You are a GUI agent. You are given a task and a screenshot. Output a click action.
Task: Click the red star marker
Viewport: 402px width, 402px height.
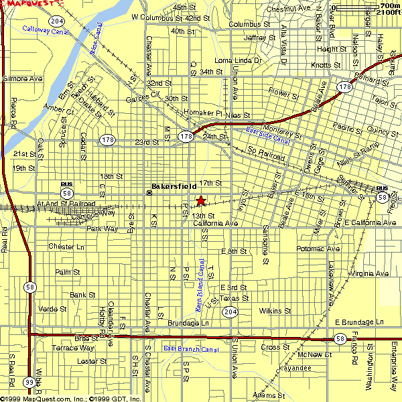point(200,200)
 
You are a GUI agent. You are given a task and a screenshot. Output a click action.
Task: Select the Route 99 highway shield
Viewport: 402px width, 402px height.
point(29,381)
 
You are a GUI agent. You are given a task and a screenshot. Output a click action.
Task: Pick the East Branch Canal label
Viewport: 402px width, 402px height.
point(191,349)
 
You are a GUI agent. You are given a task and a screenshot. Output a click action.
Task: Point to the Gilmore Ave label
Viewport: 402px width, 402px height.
point(22,78)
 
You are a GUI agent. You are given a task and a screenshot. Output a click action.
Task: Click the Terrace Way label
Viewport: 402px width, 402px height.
point(73,348)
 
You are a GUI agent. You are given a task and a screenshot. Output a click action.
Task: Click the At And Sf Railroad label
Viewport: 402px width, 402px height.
point(66,204)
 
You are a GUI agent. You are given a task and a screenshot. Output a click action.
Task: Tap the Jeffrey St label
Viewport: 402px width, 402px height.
point(260,38)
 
